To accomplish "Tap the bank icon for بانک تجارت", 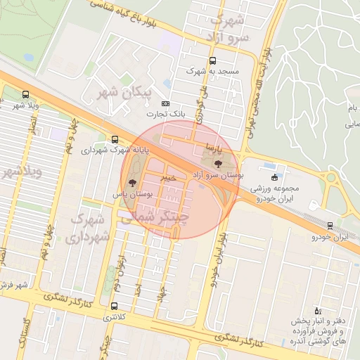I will tap(165, 103).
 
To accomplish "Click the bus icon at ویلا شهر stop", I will tap(26, 94).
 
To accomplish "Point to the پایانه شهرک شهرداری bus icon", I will tap(115, 139).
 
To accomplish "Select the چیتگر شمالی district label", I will tap(157, 218).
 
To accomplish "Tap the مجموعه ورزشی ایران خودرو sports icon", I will tap(274, 176).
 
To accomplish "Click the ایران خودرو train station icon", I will tap(330, 226).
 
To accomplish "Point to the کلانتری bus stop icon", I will tap(114, 306).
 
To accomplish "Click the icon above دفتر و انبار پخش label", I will tap(316, 310).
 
